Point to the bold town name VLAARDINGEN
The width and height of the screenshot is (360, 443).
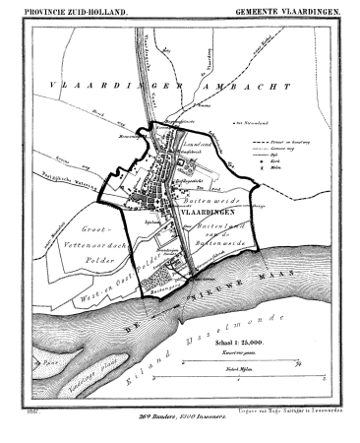coord(210,210)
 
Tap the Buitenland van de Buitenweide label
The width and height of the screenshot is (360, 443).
coord(212,232)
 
